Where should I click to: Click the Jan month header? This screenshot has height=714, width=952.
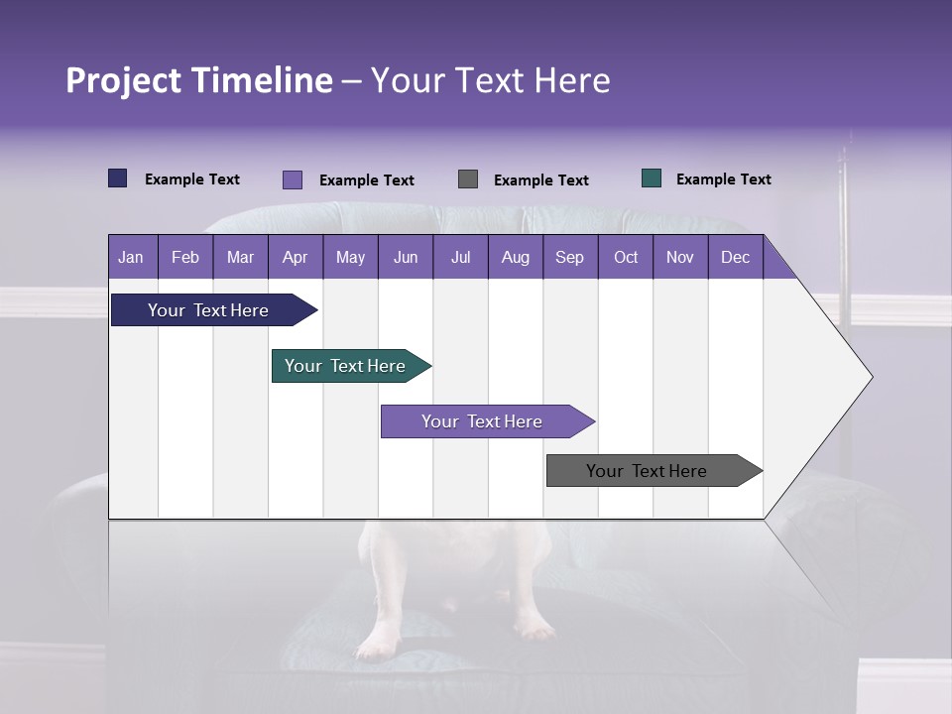[131, 257]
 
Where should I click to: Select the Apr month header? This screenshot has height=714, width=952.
[295, 257]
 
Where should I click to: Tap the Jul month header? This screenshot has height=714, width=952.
[460, 257]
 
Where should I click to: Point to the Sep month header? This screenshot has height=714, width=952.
[569, 257]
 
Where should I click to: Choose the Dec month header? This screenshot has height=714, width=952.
[735, 257]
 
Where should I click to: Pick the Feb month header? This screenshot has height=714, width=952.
[185, 257]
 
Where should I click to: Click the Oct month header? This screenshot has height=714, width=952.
[626, 257]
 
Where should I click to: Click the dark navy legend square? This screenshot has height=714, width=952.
[118, 178]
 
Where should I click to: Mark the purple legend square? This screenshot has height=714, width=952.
[293, 179]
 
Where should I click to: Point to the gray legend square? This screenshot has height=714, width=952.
[468, 179]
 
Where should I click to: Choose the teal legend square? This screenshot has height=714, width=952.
[652, 178]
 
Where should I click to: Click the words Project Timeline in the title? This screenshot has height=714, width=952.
[199, 80]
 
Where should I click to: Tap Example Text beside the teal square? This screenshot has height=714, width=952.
[723, 179]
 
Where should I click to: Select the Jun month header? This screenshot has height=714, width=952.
[406, 257]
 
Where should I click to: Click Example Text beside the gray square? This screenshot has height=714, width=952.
[540, 180]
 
